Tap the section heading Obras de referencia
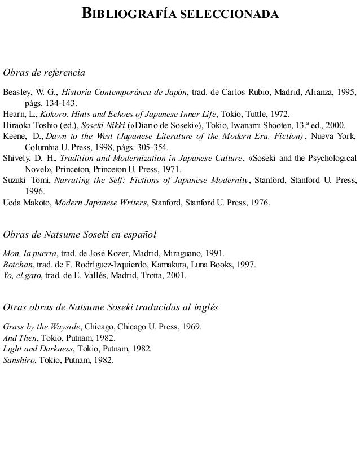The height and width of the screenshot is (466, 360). click(x=44, y=73)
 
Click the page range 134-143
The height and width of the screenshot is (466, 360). click(x=63, y=104)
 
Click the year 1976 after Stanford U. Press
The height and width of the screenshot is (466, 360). click(x=260, y=201)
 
